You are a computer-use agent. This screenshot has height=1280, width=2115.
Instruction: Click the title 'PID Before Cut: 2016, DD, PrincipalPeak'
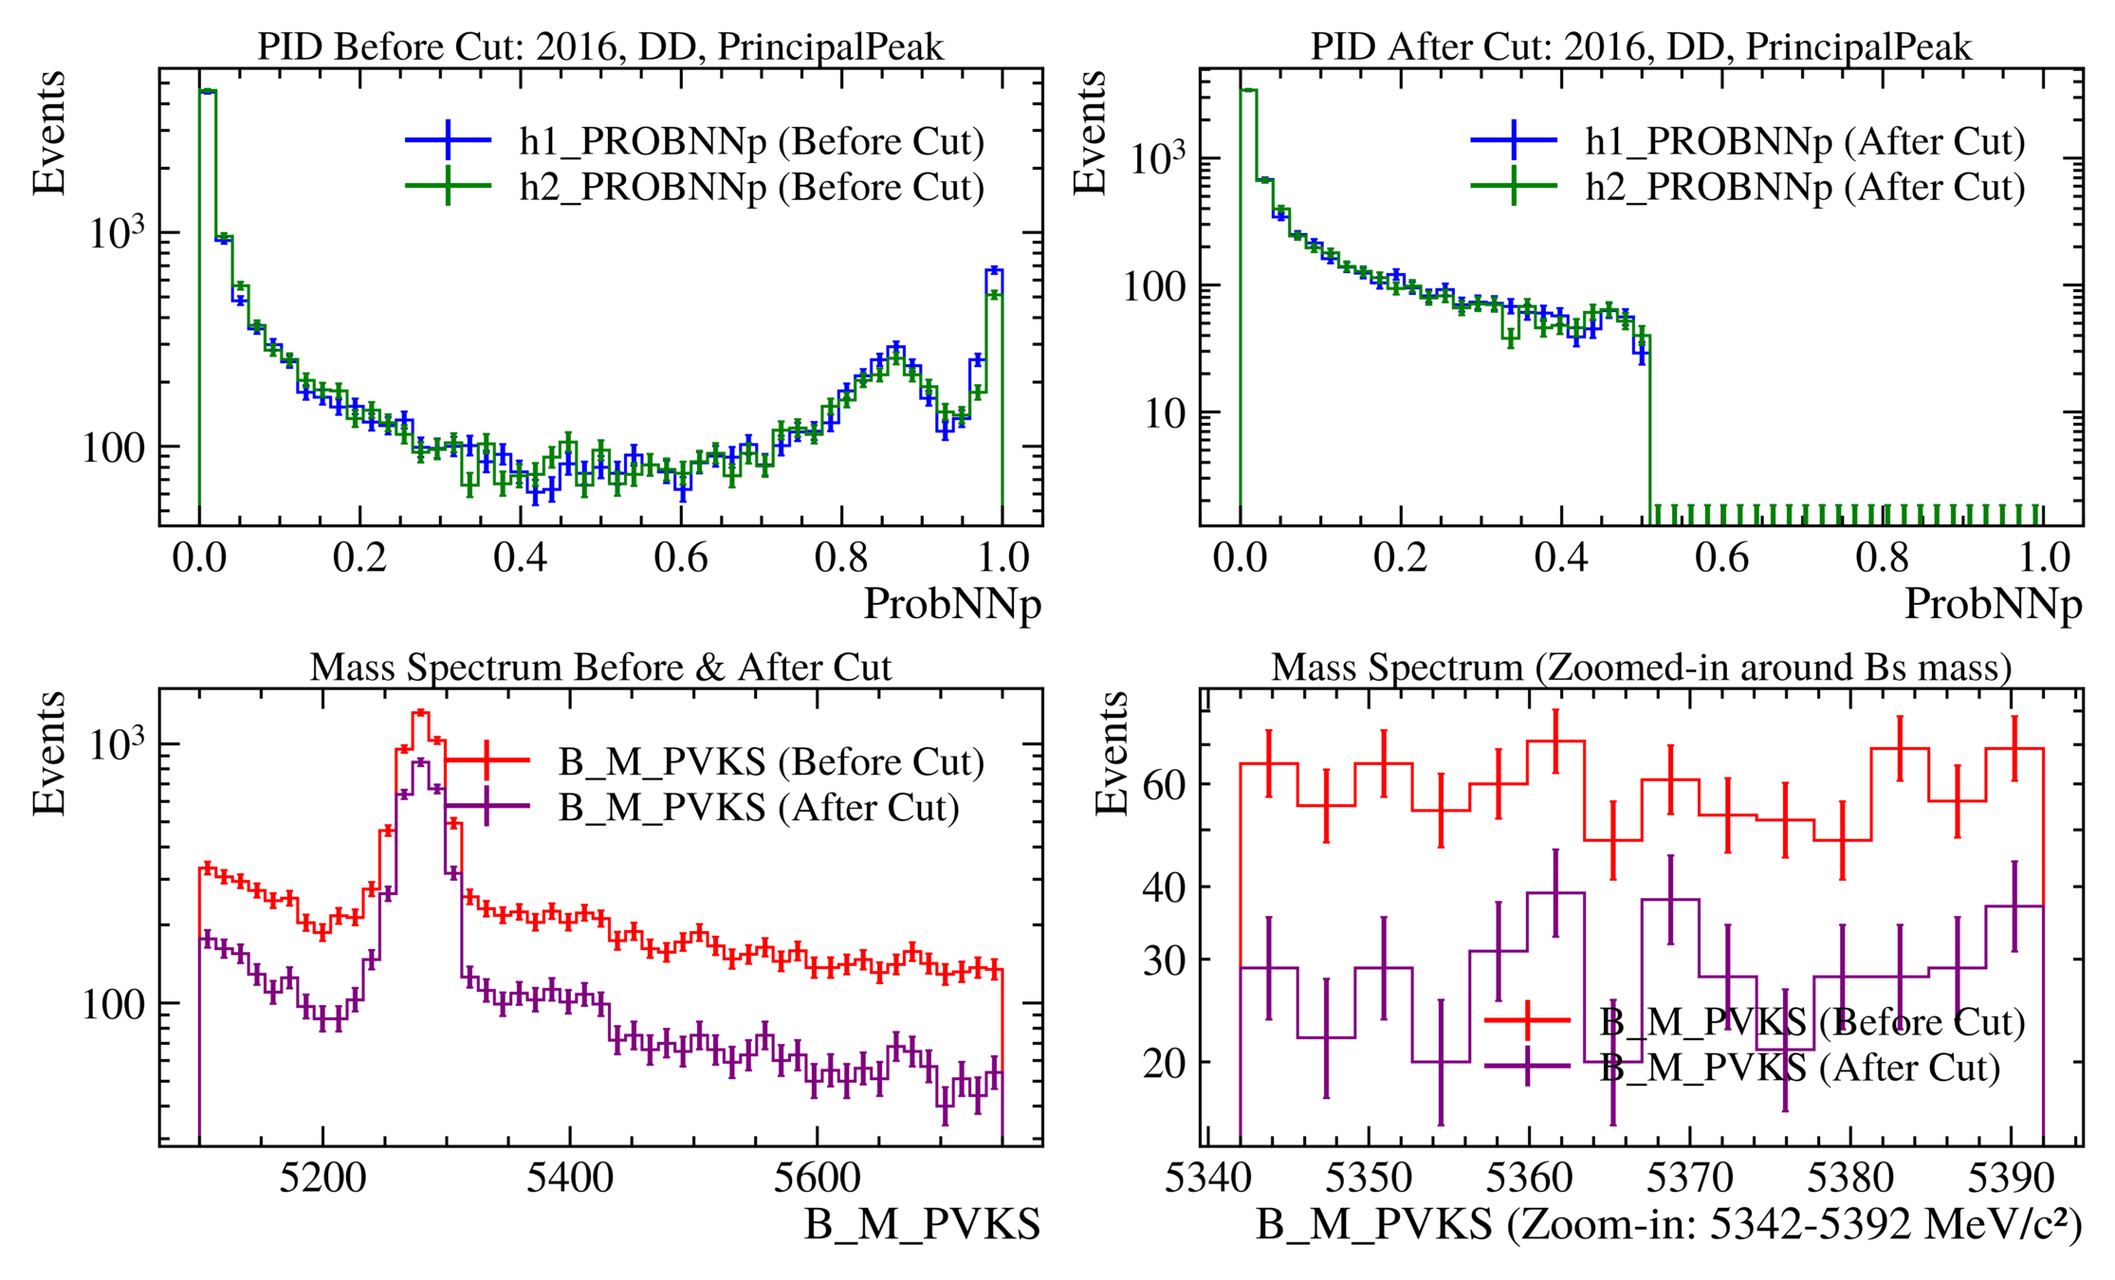(x=600, y=46)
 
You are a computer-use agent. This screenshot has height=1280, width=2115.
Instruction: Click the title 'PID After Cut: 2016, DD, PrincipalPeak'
(x=1641, y=46)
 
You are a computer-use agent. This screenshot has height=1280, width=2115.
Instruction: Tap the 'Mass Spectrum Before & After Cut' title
(x=600, y=667)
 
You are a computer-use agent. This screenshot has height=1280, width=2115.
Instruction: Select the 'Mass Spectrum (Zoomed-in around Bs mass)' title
(x=1641, y=667)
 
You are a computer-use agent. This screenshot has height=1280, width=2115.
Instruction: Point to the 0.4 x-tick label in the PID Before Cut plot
(x=520, y=558)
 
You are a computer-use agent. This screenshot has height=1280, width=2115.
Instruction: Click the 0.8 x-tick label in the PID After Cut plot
(x=1882, y=558)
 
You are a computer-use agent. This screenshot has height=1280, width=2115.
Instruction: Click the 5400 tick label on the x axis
(x=569, y=1178)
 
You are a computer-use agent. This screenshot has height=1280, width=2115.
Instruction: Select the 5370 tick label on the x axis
(x=1689, y=1178)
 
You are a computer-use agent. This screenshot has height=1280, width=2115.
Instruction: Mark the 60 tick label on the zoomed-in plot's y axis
(x=1166, y=786)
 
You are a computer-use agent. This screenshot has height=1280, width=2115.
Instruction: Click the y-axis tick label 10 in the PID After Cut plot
(x=1166, y=413)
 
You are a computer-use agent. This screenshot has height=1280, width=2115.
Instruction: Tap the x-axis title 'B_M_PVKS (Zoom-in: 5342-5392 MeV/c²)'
(x=1668, y=1225)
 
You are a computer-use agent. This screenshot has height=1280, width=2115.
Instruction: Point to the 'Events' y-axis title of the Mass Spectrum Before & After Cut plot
(x=49, y=754)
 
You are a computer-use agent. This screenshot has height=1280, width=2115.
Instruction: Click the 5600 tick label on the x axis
(x=817, y=1178)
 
